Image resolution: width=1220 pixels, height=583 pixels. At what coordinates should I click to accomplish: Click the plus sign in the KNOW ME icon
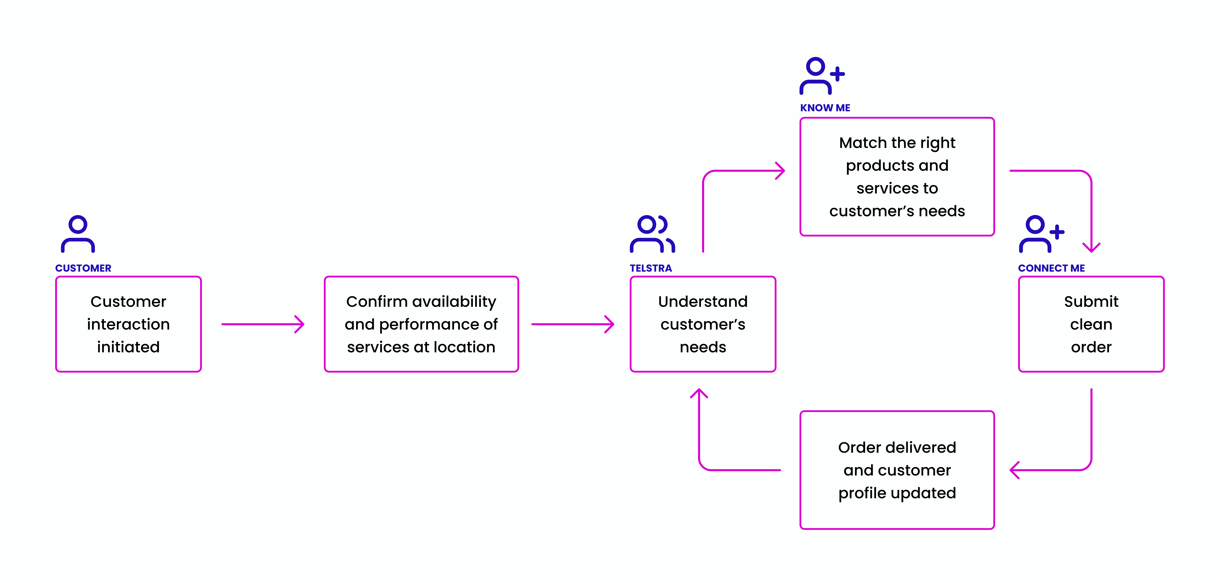tap(837, 74)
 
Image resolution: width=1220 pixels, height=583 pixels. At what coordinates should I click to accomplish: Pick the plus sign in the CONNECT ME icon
tap(1057, 232)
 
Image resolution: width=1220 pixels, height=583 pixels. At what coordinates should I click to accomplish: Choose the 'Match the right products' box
tap(897, 177)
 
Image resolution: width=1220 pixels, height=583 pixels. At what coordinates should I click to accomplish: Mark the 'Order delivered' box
tap(897, 470)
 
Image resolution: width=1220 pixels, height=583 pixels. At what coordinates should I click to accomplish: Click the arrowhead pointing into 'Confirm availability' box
tap(300, 324)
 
